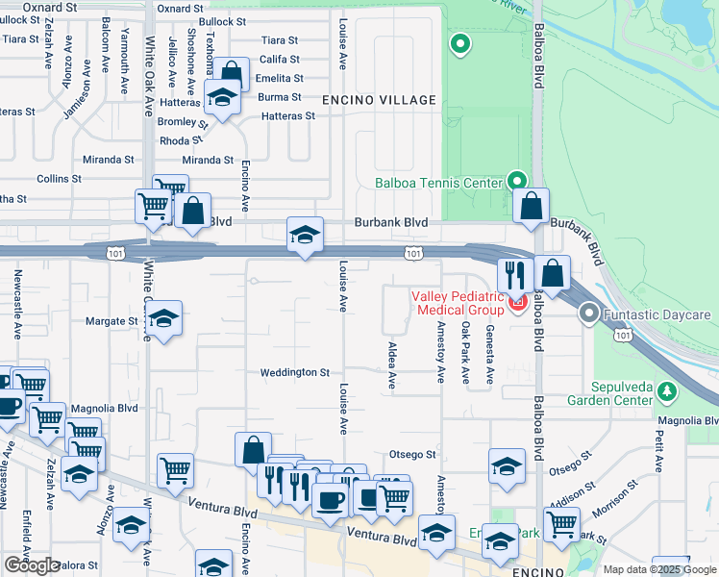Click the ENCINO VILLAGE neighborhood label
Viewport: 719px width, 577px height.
379,100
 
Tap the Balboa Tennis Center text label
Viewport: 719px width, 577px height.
438,183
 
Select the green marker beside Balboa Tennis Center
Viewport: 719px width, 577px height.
517,181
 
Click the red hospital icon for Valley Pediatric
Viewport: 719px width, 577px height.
518,304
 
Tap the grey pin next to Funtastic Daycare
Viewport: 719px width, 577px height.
589,314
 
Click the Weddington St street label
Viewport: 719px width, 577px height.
295,372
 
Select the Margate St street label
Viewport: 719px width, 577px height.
112,321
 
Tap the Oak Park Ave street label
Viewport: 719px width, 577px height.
465,352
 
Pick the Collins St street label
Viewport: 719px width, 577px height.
59,179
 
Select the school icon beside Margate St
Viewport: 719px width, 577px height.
164,319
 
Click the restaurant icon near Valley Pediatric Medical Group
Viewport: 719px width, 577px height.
515,274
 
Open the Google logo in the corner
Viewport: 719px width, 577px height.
32,565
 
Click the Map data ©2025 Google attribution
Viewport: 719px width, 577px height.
660,569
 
